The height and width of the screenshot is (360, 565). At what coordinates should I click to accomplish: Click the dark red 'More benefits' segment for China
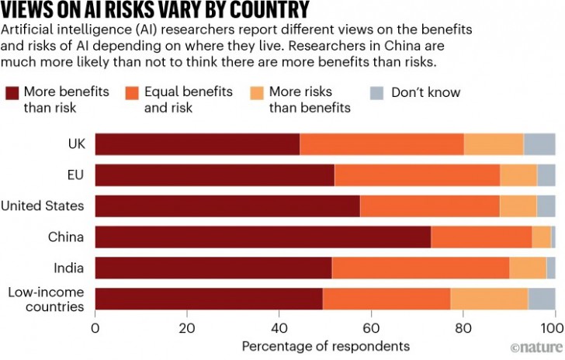click(x=262, y=237)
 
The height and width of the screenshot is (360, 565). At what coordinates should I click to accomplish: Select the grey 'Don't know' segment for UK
click(x=539, y=144)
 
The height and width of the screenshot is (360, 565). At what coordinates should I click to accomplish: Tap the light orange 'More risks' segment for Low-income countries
click(x=489, y=299)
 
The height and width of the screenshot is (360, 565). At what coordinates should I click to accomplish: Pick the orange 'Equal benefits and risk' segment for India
click(x=421, y=268)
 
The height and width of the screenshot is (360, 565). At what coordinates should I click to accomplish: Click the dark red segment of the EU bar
click(x=215, y=175)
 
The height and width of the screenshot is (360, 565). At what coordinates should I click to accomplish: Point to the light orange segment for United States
click(x=518, y=206)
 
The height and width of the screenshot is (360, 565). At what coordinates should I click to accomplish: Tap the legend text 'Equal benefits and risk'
click(x=188, y=99)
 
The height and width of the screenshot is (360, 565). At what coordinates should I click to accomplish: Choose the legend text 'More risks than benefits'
click(x=309, y=99)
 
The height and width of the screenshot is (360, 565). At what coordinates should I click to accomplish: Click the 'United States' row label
click(x=42, y=206)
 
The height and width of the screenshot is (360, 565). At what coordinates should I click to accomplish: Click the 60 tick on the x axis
click(x=371, y=329)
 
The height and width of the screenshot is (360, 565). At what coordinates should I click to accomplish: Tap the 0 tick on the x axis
click(x=95, y=329)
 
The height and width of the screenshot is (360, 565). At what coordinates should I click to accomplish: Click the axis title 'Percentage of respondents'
click(x=325, y=345)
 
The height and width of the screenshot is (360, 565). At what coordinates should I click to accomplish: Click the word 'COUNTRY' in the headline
click(x=262, y=10)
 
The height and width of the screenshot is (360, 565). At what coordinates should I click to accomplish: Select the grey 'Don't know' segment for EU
click(x=546, y=175)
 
